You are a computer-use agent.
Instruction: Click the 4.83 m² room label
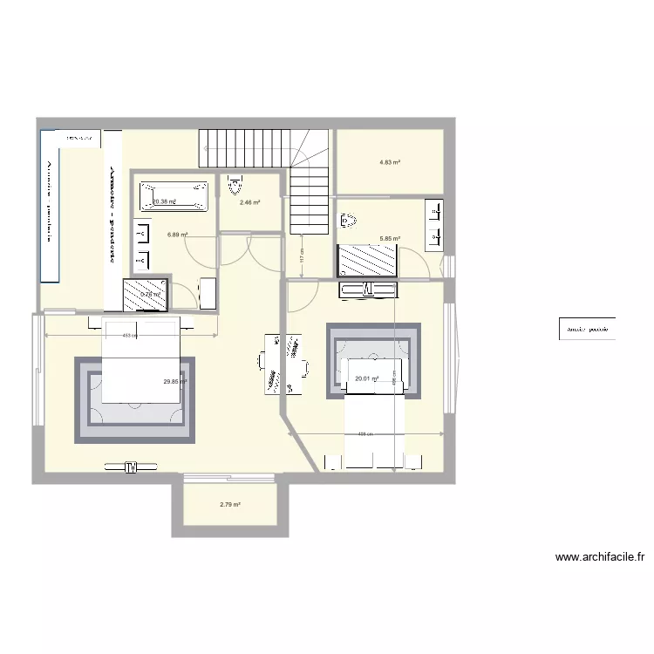[x=390, y=162]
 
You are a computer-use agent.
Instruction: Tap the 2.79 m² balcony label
[x=230, y=505]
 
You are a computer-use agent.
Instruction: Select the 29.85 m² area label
[x=175, y=381]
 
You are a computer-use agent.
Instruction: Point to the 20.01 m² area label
[x=367, y=378]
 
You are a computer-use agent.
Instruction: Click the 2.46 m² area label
[x=250, y=202]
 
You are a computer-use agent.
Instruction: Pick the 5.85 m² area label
[x=390, y=238]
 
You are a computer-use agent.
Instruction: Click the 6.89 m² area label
[x=178, y=235]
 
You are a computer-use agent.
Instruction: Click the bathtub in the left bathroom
[x=174, y=196]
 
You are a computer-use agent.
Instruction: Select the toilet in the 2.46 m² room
[x=233, y=186]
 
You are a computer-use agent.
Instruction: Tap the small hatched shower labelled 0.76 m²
[x=145, y=294]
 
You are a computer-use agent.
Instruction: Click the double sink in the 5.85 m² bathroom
[x=433, y=221]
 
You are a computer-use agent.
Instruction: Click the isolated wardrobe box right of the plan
[x=587, y=330]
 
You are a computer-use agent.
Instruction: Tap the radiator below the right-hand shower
[x=367, y=290]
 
